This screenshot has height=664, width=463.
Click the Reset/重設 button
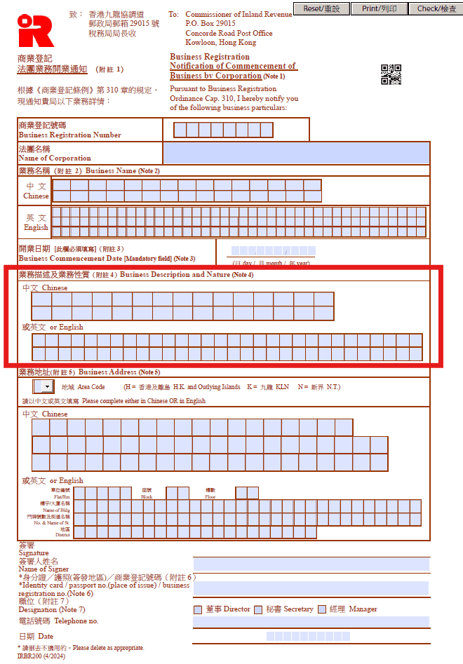(321, 8)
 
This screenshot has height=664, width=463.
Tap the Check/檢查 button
(436, 8)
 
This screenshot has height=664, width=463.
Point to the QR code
(391, 74)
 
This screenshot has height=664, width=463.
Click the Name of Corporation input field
(296, 153)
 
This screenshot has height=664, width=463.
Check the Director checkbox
(198, 609)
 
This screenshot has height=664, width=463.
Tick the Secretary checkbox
(260, 609)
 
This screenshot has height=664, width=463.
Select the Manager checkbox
(322, 609)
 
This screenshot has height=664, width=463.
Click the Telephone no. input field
(311, 622)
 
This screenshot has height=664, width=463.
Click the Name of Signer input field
(311, 564)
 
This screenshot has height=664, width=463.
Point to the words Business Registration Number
(69, 135)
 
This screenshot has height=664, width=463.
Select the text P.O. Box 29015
(210, 24)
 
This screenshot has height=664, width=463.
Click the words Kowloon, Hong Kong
(221, 43)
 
